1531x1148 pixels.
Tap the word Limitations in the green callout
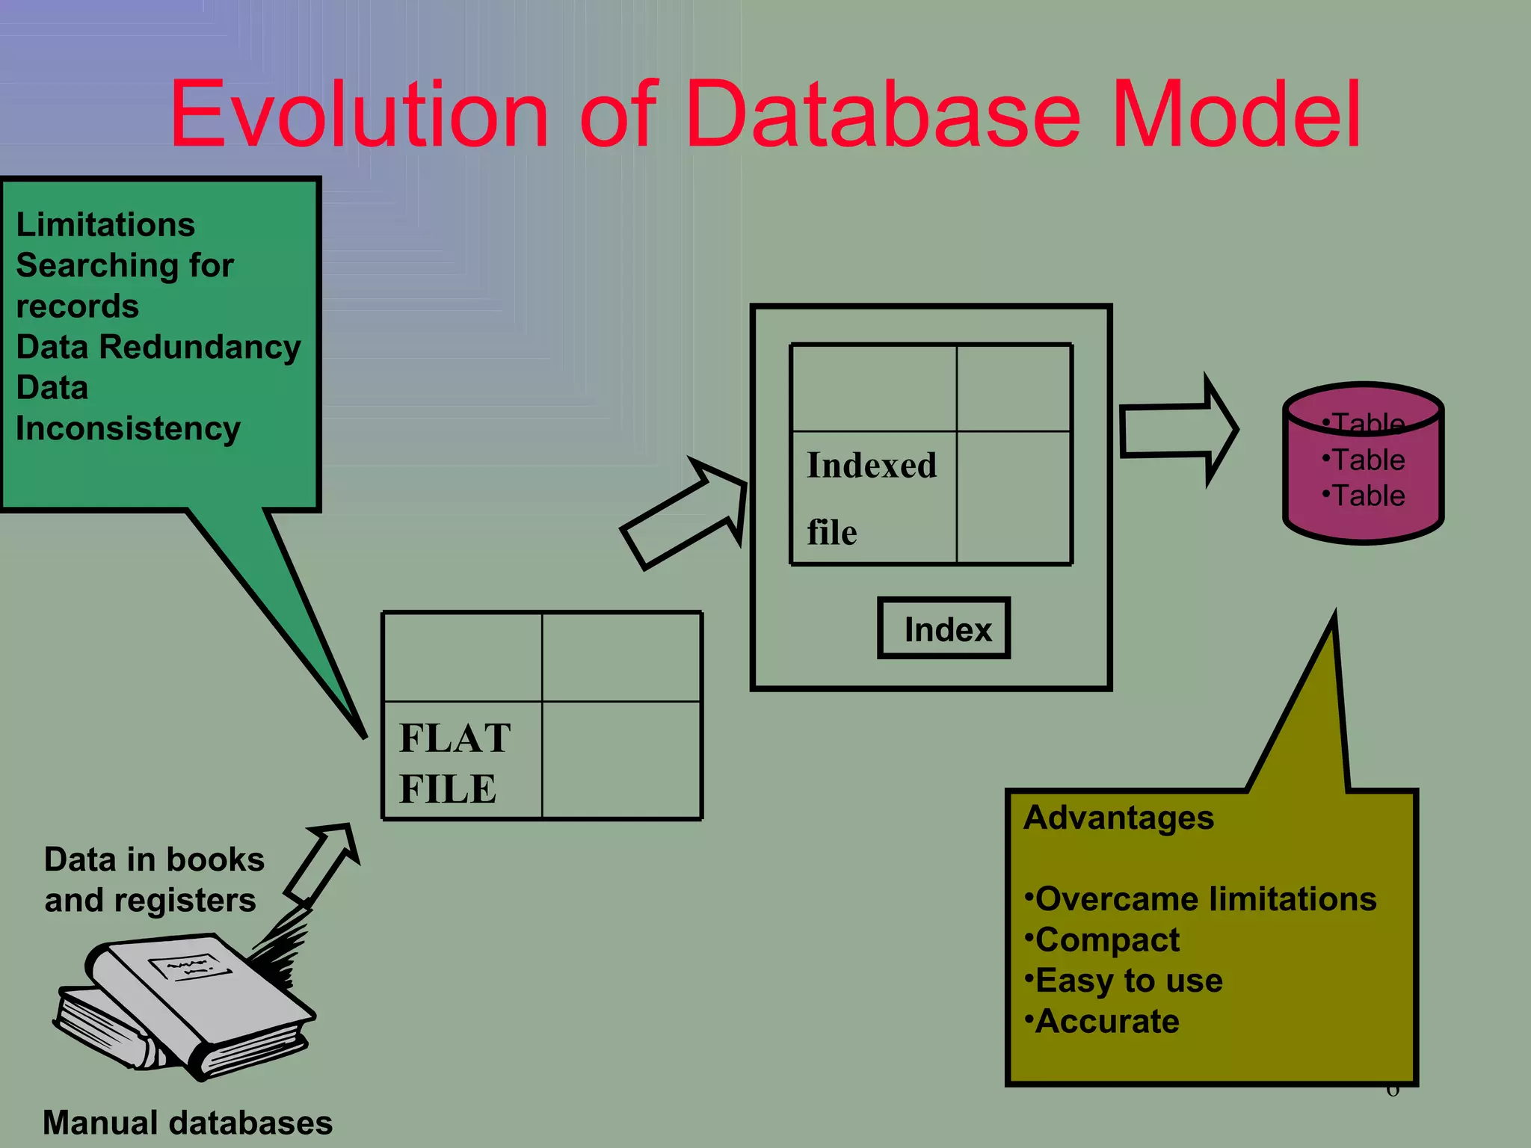click(x=105, y=225)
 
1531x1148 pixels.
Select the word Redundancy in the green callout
click(x=200, y=347)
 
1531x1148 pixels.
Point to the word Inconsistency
click(x=128, y=429)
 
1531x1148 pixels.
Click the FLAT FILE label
click(x=454, y=762)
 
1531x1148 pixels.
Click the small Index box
click(x=944, y=629)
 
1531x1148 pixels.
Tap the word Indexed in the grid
click(x=872, y=466)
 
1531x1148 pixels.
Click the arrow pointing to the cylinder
click(x=1178, y=430)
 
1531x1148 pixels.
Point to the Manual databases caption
click(x=188, y=1123)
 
